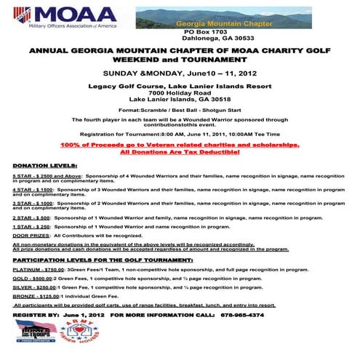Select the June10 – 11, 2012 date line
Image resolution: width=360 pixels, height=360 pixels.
180,73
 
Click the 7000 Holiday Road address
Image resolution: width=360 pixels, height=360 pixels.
179,93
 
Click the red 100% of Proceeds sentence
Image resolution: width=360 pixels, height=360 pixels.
180,145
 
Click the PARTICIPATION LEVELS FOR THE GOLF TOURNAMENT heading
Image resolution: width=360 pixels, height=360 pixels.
103,259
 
